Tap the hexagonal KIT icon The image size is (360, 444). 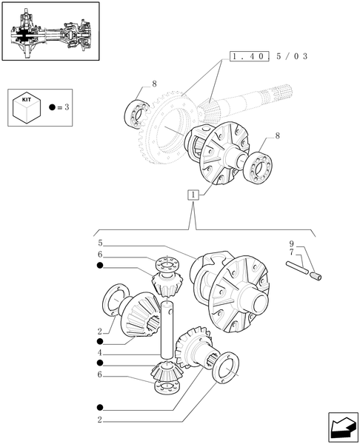27,107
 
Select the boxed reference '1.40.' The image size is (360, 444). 250,56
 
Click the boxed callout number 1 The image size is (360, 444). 193,195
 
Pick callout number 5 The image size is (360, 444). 99,243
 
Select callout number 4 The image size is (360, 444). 99,354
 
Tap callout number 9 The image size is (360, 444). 291,243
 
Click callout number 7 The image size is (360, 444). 291,253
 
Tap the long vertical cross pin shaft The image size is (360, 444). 166,329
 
